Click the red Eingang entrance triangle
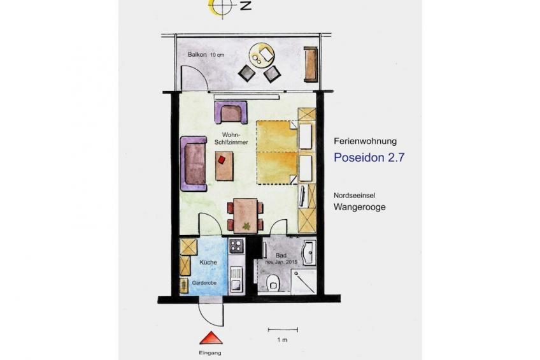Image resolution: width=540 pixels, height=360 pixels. pyautogui.click(x=211, y=338)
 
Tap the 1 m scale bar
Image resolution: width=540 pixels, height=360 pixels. pyautogui.click(x=283, y=330)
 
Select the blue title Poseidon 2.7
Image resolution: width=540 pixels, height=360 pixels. pyautogui.click(x=369, y=157)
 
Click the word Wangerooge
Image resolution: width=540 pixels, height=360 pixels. pyautogui.click(x=360, y=207)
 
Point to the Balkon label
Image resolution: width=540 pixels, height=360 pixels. pyautogui.click(x=197, y=54)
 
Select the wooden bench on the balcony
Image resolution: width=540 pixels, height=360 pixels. pyautogui.click(x=310, y=64)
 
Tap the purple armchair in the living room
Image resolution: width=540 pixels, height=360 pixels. pyautogui.click(x=231, y=112)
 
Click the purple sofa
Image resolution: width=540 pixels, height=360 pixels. pyautogui.click(x=194, y=164)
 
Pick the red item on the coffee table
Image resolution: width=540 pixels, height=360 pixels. pyautogui.click(x=222, y=159)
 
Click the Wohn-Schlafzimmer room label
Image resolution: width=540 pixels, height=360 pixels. pyautogui.click(x=231, y=138)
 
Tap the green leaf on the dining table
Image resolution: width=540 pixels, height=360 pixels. pyautogui.click(x=247, y=226)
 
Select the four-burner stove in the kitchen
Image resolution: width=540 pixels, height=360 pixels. pyautogui.click(x=236, y=245)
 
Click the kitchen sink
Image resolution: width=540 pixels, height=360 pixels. pyautogui.click(x=236, y=280)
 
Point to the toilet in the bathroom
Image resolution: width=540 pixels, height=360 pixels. pyautogui.click(x=273, y=283)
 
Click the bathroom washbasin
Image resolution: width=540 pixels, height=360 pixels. pyautogui.click(x=309, y=252)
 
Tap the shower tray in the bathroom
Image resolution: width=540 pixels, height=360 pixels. pyautogui.click(x=304, y=282)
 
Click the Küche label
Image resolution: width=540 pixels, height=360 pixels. pyautogui.click(x=208, y=262)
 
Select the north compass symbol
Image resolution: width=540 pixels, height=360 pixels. pyautogui.click(x=222, y=7)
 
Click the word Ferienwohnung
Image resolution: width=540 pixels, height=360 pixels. pyautogui.click(x=365, y=141)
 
